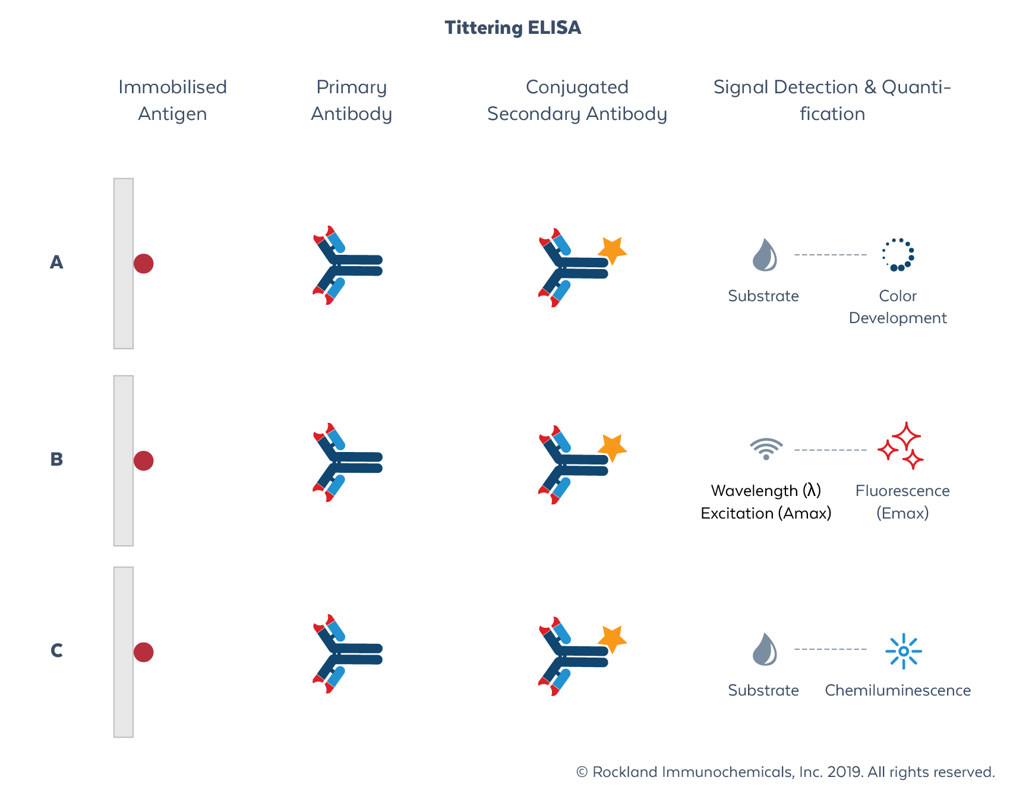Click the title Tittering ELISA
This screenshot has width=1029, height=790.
coord(513,28)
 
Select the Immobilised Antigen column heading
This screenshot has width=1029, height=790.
coord(172,100)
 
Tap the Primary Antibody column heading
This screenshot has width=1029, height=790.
coord(351,100)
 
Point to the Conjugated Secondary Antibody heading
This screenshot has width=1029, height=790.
coord(577,100)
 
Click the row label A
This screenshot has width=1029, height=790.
coord(56,262)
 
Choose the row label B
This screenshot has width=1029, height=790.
coord(56,459)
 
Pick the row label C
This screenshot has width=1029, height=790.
coord(56,650)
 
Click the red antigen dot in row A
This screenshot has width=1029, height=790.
coord(143,263)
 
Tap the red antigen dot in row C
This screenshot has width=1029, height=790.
coord(143,652)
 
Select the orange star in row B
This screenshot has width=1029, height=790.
coord(612,448)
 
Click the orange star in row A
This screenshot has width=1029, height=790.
coord(612,251)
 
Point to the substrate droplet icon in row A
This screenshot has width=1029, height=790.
coord(765,255)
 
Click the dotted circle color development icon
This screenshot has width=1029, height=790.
coord(898,255)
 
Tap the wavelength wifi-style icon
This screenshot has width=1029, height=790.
coord(766,449)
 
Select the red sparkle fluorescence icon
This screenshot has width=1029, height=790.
coord(901,446)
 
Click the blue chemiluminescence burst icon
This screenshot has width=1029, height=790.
coord(903,651)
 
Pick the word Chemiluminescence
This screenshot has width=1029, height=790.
coord(897,690)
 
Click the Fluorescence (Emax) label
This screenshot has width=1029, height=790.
coord(902,502)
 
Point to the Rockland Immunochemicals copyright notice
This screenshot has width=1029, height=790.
coord(785,772)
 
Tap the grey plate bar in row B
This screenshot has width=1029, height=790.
coord(124,460)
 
